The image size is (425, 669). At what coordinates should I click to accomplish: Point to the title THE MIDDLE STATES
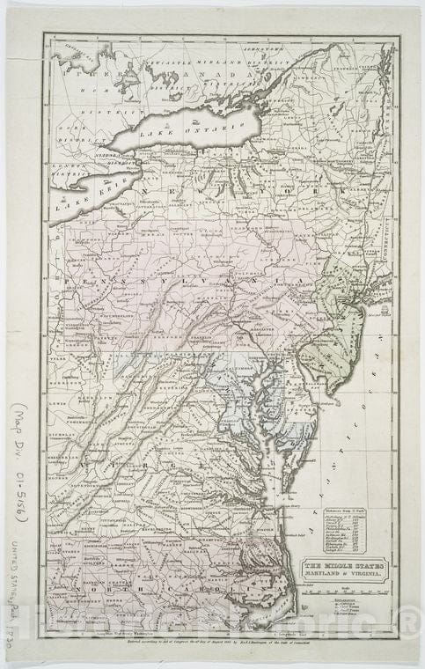tap(346, 568)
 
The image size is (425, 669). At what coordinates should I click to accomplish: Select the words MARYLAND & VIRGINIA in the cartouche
tap(346, 577)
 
